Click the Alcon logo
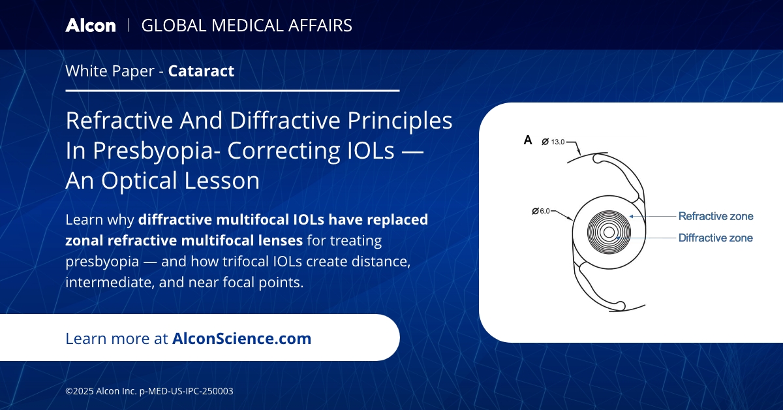point(90,25)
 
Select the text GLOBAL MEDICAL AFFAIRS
point(247,25)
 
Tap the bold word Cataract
point(201,71)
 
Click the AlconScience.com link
point(241,338)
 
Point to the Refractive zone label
point(716,216)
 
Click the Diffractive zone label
point(716,238)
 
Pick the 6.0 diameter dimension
point(543,211)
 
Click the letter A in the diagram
point(528,140)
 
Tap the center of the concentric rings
point(609,232)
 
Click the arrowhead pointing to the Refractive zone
point(632,216)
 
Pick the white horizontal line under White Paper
point(232,91)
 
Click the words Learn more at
point(117,338)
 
